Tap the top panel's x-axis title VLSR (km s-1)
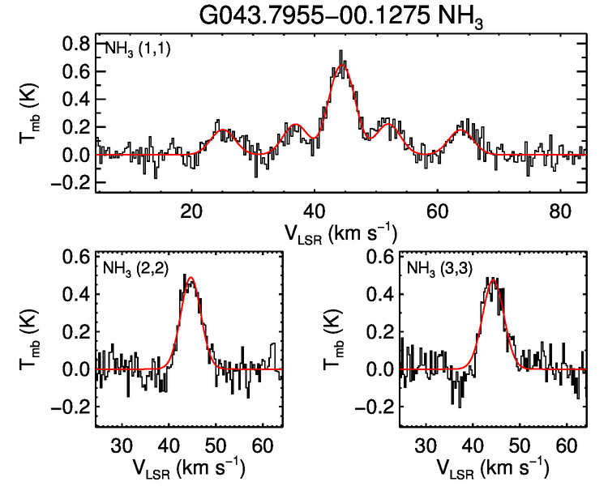click(340, 233)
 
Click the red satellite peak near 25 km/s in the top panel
click(223, 130)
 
